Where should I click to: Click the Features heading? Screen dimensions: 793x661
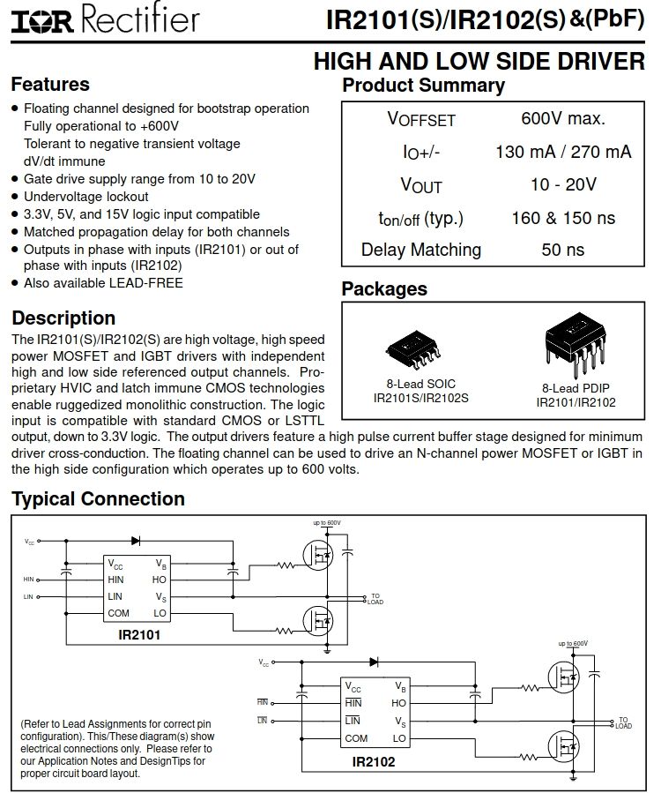click(50, 85)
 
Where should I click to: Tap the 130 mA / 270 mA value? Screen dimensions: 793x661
click(563, 152)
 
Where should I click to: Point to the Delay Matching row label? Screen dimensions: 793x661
click(421, 250)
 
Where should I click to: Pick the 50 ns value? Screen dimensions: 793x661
click(563, 250)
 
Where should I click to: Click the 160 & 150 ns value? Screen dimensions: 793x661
click(563, 218)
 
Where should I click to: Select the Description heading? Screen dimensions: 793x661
click(63, 318)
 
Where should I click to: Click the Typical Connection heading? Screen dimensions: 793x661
click(98, 499)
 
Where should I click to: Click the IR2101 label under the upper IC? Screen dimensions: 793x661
click(138, 633)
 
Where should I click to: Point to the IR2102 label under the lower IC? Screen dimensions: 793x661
click(374, 761)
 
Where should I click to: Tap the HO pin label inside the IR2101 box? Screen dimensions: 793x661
click(160, 580)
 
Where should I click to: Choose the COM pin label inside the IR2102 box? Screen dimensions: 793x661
click(357, 738)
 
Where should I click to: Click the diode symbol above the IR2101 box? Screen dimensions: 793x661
click(136, 541)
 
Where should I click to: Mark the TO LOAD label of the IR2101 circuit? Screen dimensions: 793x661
click(375, 599)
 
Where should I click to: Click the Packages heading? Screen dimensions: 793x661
click(384, 289)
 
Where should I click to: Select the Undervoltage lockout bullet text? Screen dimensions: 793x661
click(86, 197)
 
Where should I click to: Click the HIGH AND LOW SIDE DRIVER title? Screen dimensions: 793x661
click(479, 61)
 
